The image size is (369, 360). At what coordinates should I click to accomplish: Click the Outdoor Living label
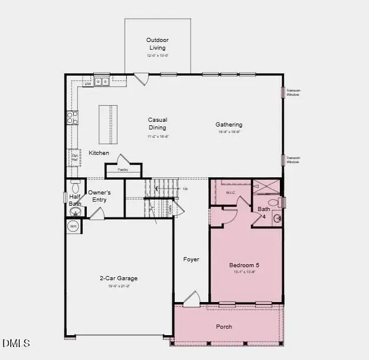pos(157,44)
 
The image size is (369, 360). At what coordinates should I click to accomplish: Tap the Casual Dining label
pos(158,124)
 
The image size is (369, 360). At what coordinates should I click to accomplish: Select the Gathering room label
pos(228,125)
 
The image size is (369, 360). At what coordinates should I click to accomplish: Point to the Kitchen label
pos(99,153)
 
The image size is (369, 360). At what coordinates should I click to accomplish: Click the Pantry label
pos(123,170)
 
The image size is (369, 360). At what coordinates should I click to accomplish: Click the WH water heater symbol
pos(73,226)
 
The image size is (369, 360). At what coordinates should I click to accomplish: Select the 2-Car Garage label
pos(118,278)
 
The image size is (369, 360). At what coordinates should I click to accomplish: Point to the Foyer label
pos(191,260)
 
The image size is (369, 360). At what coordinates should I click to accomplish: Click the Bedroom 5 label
pos(244,265)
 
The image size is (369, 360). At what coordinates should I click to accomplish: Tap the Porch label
pos(224,326)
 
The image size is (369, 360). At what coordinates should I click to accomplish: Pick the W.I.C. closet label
pos(230,193)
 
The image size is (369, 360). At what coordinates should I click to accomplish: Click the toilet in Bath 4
pos(273,203)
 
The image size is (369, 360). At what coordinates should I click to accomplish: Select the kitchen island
pos(107,124)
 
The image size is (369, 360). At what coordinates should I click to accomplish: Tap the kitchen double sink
pos(102,82)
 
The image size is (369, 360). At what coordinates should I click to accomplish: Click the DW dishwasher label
pos(87,84)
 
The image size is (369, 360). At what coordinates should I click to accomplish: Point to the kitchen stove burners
pos(73,118)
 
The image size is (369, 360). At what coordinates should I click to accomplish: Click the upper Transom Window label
pos(293,92)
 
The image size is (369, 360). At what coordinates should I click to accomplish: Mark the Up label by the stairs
pos(185,189)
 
